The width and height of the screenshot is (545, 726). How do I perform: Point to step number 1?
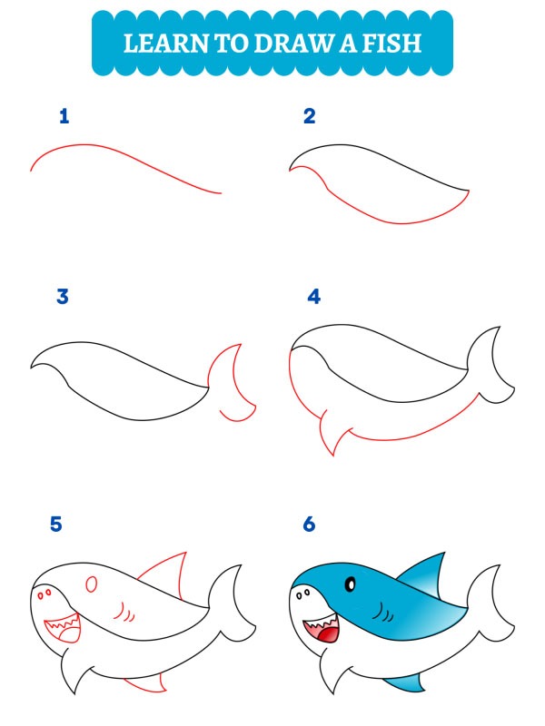pyautogui.click(x=64, y=116)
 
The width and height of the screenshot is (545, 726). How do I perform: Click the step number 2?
pyautogui.click(x=310, y=116)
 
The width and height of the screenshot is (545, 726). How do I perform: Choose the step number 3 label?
pyautogui.click(x=63, y=296)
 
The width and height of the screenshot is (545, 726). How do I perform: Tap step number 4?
pyautogui.click(x=314, y=296)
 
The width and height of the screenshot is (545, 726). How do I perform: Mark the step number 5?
pyautogui.click(x=57, y=525)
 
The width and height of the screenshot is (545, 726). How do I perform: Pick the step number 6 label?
pyautogui.click(x=309, y=525)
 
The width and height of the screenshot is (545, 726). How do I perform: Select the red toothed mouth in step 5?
pyautogui.click(x=63, y=626)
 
